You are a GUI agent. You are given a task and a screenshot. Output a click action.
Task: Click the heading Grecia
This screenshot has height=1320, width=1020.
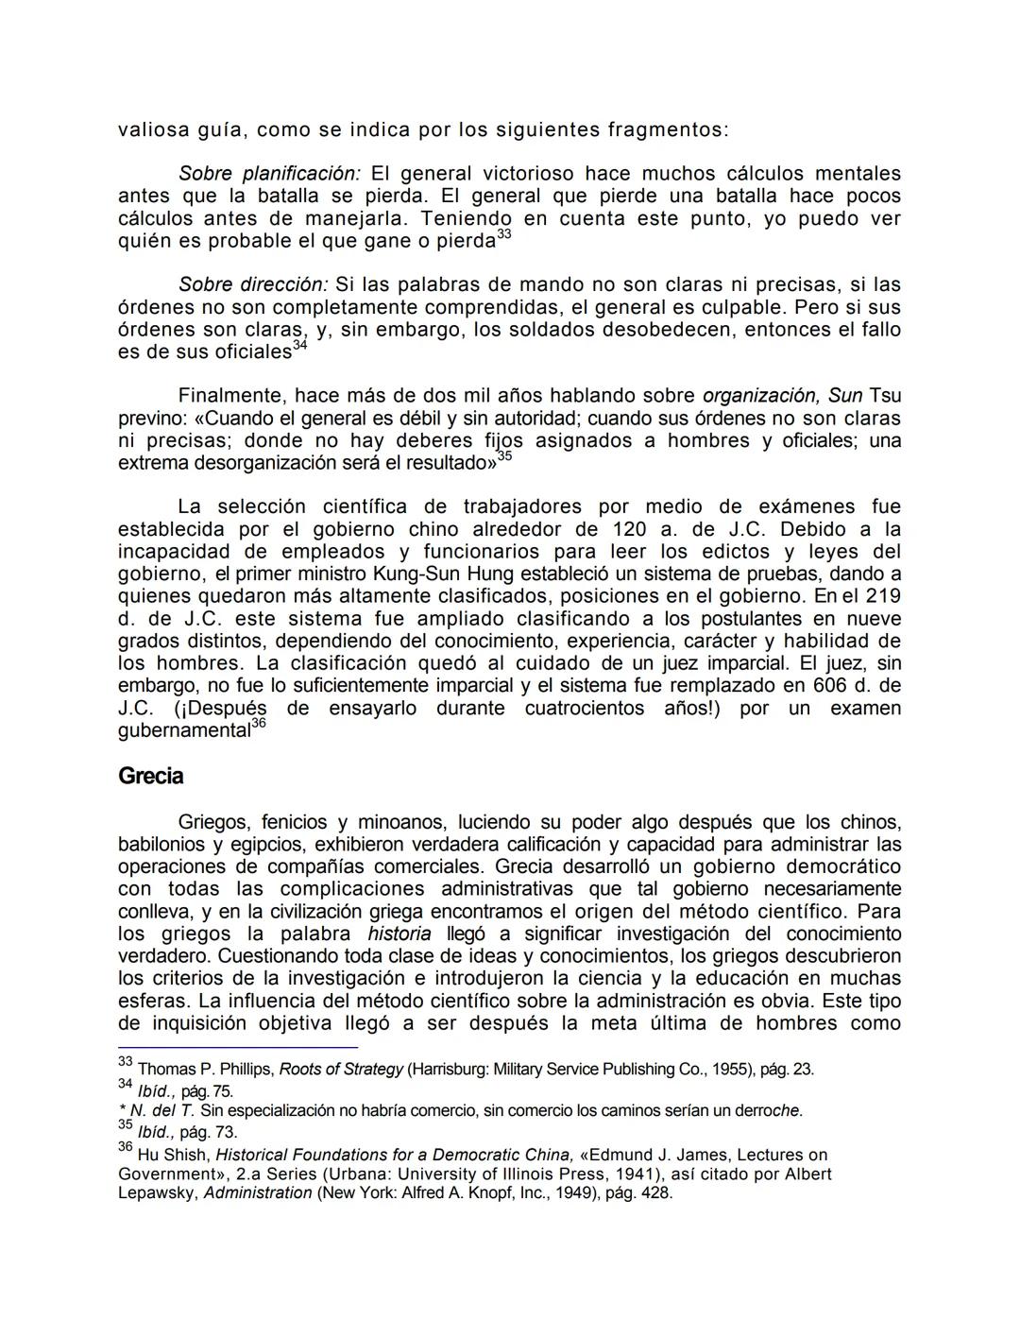pos(150,777)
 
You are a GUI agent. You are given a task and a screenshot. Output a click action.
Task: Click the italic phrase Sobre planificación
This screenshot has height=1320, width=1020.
pos(269,174)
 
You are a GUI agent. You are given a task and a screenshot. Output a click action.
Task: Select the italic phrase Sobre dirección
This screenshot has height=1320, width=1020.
pos(253,284)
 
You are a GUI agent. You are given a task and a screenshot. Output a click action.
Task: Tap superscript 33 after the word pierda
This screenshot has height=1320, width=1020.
pos(504,233)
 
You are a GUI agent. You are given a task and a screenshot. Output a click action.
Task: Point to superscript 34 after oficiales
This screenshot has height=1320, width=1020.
pos(300,345)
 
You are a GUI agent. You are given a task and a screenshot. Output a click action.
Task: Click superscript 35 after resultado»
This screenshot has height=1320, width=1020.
pos(505,456)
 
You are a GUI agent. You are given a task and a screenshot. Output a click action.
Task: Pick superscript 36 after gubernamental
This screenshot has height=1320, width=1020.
pos(260,723)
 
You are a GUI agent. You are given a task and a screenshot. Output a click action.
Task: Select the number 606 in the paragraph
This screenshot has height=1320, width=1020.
pos(832,686)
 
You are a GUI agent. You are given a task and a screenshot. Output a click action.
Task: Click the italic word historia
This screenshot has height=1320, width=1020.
pos(399,934)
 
